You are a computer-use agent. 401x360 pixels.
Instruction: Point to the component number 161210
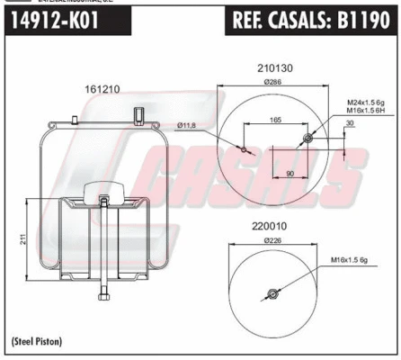point(102,88)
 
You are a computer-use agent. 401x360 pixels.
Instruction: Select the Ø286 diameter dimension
point(272,82)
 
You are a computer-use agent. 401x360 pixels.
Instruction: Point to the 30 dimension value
point(349,125)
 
